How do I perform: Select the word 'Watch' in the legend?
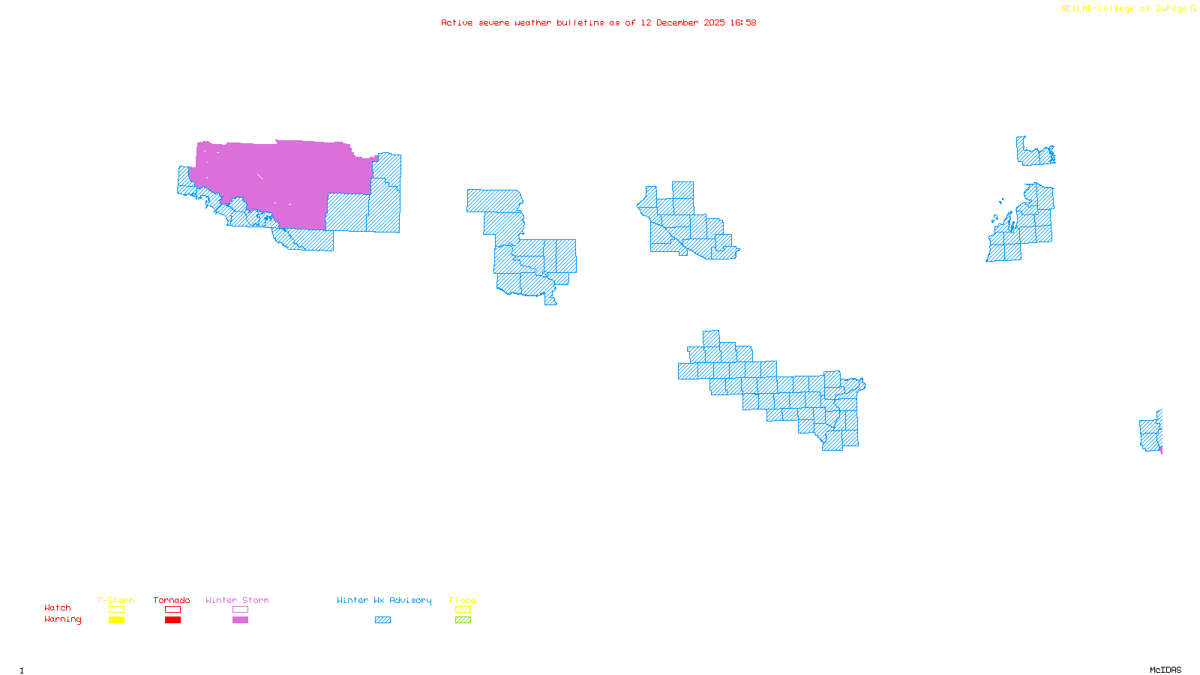tap(58, 607)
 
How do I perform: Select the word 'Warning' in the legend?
tap(62, 619)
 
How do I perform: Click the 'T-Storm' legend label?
tap(115, 600)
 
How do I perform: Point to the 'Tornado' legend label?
tap(172, 600)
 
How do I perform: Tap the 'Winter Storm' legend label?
tap(237, 600)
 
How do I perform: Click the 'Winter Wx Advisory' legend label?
tap(384, 600)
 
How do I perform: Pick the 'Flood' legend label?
tap(463, 600)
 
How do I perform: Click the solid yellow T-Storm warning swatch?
tap(116, 620)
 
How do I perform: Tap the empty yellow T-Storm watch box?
tap(116, 610)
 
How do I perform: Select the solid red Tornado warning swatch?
tap(172, 620)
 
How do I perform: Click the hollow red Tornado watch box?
tap(172, 610)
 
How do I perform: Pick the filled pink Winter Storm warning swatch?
tap(240, 620)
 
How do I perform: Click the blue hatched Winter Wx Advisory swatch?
tap(382, 620)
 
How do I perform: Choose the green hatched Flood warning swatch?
tap(463, 620)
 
